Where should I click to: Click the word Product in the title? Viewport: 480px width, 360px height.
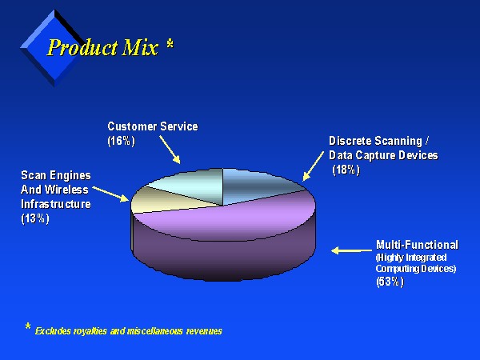[x=82, y=47]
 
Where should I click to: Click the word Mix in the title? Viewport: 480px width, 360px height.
[x=141, y=47]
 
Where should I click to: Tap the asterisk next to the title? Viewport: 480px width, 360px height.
[x=170, y=44]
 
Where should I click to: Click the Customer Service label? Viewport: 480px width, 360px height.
[x=153, y=126]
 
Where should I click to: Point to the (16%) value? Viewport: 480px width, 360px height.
[x=122, y=141]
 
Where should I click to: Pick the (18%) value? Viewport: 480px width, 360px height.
[x=346, y=170]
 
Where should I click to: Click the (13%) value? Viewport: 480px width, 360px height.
[x=35, y=218]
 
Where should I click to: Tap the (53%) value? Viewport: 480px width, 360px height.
[x=390, y=282]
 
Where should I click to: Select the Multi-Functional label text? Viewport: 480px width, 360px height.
[x=417, y=245]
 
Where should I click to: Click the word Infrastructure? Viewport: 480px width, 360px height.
[x=56, y=204]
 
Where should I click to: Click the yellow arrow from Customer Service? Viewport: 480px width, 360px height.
[x=170, y=150]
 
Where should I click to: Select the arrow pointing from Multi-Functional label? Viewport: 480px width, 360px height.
[x=351, y=250]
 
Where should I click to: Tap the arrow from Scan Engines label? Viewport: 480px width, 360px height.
[x=111, y=194]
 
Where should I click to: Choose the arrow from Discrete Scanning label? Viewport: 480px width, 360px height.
[x=313, y=166]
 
